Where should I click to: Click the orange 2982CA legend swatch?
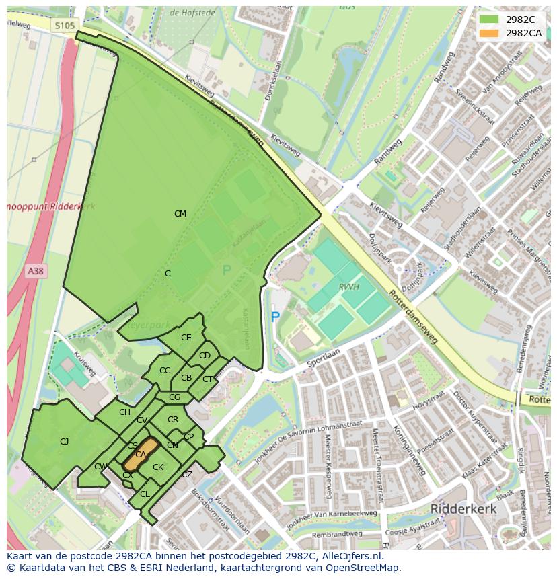pos(490,33)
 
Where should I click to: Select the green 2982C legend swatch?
pos(490,20)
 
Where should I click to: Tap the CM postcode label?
pos(180,214)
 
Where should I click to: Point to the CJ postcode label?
pos(64,442)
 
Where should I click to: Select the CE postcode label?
pos(186,338)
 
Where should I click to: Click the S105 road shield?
pos(65,25)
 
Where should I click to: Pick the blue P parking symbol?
pos(274,316)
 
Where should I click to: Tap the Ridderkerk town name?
pos(463,509)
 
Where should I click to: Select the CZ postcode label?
pos(187,474)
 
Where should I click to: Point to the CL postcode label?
pos(145,494)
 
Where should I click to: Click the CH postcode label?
pos(124,412)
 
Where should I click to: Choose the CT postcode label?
pos(207,379)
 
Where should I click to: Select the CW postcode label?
pos(100,467)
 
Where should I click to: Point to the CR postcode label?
pos(173,420)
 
